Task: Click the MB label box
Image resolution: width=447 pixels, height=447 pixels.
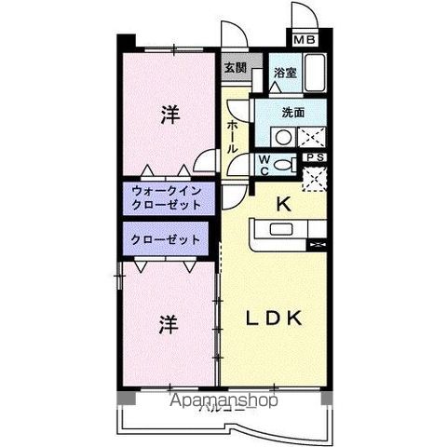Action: coord(304,40)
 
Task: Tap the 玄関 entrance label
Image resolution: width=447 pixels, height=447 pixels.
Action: coord(235,68)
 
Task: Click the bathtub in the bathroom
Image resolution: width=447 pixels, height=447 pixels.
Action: coord(314,74)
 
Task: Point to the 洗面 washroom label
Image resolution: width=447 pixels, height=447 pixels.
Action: coord(294,112)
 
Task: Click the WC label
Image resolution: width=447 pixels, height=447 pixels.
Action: coord(264,166)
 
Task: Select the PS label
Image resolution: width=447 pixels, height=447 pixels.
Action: coord(315,157)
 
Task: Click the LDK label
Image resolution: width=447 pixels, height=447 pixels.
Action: coord(273,317)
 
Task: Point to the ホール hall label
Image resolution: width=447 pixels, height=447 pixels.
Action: coord(232,138)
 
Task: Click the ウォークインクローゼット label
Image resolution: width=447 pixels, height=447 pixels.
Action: coord(166,196)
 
